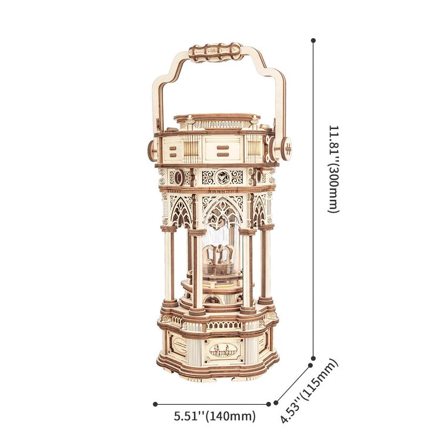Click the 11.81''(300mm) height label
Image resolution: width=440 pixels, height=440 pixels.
(334, 169)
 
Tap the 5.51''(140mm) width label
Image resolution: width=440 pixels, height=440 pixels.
(215, 416)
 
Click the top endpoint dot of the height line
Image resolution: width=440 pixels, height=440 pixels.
(313, 40)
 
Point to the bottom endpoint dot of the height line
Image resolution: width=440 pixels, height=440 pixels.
(313, 358)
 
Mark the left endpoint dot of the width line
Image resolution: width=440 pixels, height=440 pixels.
(155, 404)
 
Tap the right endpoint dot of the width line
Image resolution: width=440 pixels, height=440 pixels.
(269, 404)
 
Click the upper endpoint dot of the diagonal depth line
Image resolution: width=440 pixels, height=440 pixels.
(310, 365)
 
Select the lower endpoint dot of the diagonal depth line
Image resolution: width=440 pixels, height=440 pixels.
(276, 402)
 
